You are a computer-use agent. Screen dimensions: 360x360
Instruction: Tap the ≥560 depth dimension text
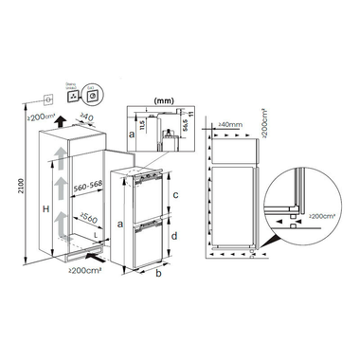[91, 220]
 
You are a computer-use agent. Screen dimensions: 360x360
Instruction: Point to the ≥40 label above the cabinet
[88, 119]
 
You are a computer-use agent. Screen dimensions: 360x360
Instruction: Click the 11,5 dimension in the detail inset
[140, 123]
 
